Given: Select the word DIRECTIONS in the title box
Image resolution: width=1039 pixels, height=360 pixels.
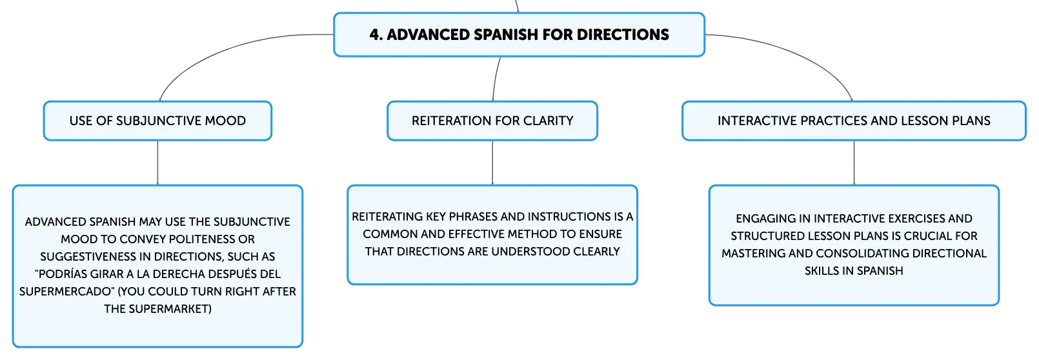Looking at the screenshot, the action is pos(623,35).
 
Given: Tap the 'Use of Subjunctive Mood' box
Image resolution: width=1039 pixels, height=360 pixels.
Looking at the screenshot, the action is pos(157,121).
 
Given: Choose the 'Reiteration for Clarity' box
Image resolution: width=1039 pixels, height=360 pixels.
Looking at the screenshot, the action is pos(492,121).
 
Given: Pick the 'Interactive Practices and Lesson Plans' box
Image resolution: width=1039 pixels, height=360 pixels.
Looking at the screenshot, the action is pos(854,121).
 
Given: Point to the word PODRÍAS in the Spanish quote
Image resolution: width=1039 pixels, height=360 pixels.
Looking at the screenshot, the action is pos(59,274).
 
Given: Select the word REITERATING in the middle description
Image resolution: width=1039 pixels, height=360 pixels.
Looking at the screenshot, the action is pos(387,217).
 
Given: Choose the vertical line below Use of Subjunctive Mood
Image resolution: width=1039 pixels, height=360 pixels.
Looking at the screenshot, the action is pos(157,163).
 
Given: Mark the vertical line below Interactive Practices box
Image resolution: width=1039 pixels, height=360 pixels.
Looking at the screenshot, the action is pos(854,163).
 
